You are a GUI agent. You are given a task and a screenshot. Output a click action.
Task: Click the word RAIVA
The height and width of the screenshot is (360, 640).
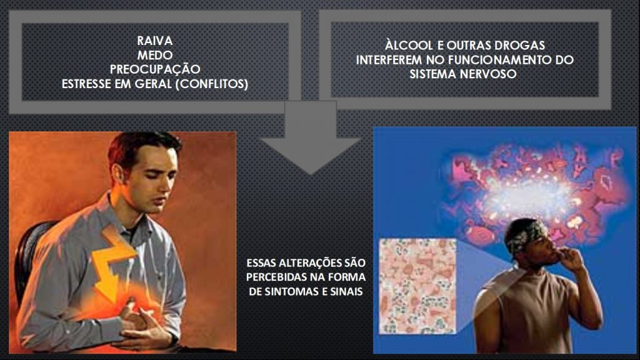pyautogui.click(x=155, y=41)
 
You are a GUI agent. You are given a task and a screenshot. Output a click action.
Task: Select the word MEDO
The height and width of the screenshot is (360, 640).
pyautogui.click(x=155, y=55)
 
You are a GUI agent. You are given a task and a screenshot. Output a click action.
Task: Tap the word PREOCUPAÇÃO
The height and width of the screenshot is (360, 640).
pyautogui.click(x=155, y=69)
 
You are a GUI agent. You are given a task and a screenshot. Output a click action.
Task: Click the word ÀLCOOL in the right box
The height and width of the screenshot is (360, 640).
pyautogui.click(x=409, y=45)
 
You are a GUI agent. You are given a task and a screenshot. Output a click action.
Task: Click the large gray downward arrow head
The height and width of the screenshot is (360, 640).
pyautogui.click(x=310, y=155)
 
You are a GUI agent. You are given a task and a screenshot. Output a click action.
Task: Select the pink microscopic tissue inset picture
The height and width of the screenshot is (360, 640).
pyautogui.click(x=417, y=286)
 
